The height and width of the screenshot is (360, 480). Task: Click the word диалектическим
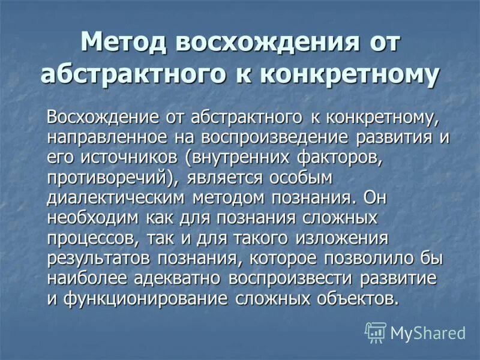coord(118,199)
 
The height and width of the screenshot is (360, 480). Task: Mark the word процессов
coord(94,239)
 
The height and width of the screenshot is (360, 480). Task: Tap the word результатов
coord(99,259)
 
